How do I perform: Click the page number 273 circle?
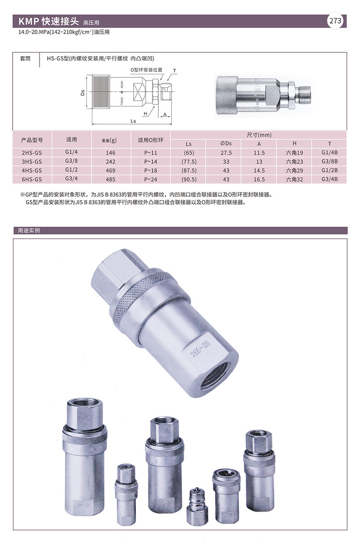pos(336,21)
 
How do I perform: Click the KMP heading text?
pos(48,21)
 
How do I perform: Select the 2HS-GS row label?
pos(32,153)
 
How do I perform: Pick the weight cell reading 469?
pos(111,170)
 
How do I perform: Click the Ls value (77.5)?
pos(189,162)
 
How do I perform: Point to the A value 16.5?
pos(259,179)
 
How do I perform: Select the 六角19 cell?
pos(294,153)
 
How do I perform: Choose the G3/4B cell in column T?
pos(329,179)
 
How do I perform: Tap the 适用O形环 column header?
pos(150,140)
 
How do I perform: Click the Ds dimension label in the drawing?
pos(83,93)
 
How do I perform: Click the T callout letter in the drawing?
pos(174,71)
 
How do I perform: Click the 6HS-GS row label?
pos(32,179)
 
